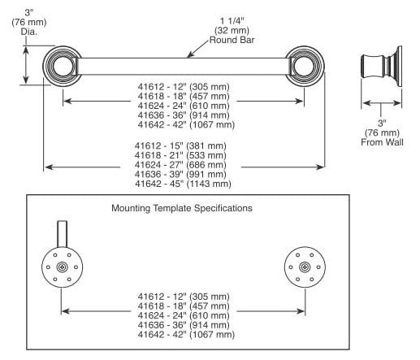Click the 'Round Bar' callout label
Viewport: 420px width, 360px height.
pos(232,40)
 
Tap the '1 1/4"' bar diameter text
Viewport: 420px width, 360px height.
pos(232,20)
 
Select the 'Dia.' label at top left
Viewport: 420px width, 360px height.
pos(29,32)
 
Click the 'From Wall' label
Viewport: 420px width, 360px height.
pos(382,142)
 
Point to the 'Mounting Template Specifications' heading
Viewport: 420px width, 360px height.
pos(182,208)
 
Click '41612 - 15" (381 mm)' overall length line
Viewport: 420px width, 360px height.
pos(180,146)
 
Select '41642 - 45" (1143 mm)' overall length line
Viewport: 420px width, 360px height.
pos(183,184)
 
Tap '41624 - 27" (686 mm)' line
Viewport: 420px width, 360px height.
pos(180,165)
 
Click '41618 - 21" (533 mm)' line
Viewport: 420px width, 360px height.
pos(180,155)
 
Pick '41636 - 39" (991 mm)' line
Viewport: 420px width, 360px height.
pos(180,175)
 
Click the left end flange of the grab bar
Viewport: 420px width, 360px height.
pos(62,66)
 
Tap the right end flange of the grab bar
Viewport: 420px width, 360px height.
pos(305,66)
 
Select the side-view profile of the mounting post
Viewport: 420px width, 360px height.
pos(382,67)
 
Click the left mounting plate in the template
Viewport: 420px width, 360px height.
pos(62,267)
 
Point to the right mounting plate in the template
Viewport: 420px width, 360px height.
pos(305,267)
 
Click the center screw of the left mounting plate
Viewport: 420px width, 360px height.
pos(62,267)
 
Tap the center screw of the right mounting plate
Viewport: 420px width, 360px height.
pos(305,267)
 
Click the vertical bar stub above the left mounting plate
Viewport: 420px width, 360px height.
pos(62,234)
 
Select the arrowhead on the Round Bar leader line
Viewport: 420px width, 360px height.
pos(189,55)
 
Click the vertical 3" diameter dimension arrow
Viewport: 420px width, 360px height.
pos(26,65)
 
